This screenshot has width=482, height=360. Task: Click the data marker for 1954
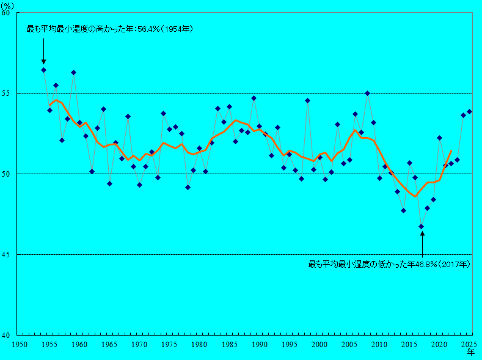tap(44, 70)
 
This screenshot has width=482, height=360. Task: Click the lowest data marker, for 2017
tap(421, 226)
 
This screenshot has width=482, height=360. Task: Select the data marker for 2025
tap(469, 111)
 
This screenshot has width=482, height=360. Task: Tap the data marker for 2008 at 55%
tap(367, 94)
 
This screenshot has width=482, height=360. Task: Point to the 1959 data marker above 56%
tap(74, 72)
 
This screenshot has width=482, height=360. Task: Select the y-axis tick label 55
tap(8, 94)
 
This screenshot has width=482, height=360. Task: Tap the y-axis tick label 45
tap(8, 254)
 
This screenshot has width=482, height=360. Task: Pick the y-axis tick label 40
tap(8, 335)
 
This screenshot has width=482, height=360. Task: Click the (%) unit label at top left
tap(8, 5)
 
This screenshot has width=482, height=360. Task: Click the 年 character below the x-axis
tap(471, 353)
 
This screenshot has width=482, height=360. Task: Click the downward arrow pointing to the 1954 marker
tap(44, 55)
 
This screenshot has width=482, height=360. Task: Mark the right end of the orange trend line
tap(451, 150)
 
